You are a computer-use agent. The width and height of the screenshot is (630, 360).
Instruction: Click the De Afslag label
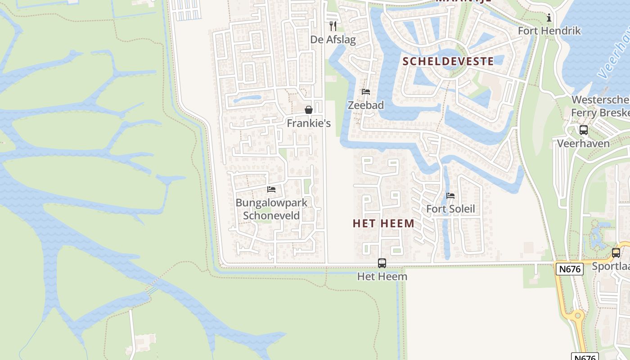333,40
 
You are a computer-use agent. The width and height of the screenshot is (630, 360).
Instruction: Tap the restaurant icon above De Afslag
333,26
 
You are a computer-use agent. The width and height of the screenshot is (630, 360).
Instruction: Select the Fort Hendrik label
549,31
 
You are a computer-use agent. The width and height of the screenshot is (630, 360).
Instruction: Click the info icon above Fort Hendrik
549,18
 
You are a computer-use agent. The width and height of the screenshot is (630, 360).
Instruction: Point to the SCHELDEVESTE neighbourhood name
448,61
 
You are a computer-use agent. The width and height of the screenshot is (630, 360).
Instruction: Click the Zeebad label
366,105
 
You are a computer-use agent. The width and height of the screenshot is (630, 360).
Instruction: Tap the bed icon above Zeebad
366,92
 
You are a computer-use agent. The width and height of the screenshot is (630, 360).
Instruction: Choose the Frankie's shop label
309,123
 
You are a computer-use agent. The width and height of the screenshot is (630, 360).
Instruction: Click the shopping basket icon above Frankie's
309,110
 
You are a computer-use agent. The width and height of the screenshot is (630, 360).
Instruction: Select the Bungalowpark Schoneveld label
271,209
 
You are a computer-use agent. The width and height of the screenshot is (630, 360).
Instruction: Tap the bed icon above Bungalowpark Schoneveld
271,189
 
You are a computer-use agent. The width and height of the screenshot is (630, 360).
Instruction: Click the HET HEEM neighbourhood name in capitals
383,223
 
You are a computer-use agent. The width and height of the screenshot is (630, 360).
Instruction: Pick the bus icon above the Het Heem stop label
382,263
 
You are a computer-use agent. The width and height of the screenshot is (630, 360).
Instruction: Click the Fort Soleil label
450,209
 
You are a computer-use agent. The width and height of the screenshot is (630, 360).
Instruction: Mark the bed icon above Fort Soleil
450,196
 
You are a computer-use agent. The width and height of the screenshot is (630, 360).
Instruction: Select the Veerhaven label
583,143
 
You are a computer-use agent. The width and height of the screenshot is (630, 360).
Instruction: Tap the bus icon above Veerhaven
584,130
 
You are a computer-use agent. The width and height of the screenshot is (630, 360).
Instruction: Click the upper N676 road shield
570,269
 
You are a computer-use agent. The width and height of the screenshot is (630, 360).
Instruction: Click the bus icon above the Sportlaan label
616,253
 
